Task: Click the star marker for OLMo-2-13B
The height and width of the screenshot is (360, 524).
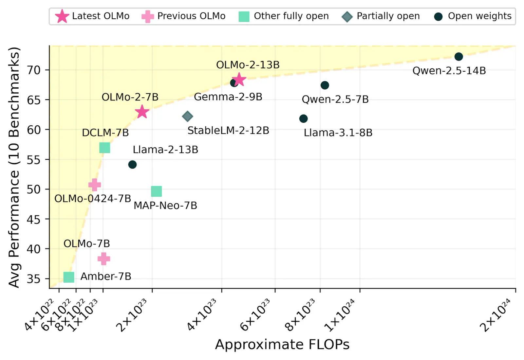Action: point(239,80)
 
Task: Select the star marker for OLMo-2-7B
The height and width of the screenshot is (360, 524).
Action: point(142,112)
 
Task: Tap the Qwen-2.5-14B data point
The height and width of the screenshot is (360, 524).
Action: point(458,57)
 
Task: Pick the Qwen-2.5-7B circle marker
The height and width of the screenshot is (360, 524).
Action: point(325,85)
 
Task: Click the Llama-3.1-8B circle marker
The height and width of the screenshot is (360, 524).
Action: point(303,118)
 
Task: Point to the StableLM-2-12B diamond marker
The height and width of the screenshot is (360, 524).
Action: point(187,116)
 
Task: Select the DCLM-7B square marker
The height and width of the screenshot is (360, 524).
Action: point(104,148)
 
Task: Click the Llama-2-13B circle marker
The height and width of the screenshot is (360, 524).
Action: point(132,164)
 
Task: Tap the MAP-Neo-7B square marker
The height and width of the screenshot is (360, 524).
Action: point(156,191)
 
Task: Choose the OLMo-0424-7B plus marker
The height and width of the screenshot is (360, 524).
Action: point(95,185)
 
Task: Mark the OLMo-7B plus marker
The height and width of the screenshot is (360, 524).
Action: point(104,259)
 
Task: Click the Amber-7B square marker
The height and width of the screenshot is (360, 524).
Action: point(69,277)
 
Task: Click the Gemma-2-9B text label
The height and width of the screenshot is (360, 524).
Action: point(228,97)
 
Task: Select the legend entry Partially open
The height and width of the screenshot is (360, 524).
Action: point(381,16)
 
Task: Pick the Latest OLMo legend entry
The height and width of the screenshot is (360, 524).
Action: point(93,16)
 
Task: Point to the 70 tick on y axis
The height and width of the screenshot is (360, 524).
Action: point(34,70)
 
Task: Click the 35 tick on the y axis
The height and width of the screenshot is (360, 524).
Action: point(34,279)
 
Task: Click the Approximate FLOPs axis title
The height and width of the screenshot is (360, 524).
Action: point(282,345)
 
